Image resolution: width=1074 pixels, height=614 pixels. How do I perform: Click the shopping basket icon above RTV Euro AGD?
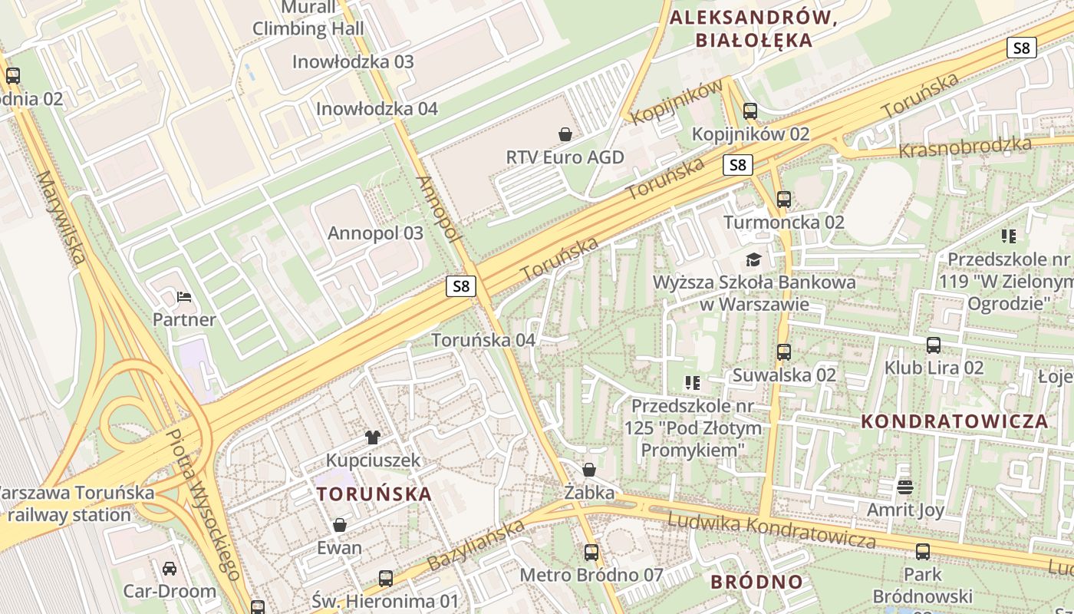coord(565,134)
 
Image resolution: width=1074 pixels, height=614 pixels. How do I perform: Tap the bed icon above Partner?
coord(184,296)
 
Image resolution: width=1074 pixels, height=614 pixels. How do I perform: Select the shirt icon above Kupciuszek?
coord(373,437)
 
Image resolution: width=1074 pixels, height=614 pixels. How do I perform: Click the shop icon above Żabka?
coord(589,469)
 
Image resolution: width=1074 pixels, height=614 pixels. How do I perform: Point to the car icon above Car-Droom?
coord(170,568)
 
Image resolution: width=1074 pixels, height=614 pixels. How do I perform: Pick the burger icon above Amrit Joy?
coord(905,487)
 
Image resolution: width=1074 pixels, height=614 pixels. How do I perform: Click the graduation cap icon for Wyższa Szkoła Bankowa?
coord(753,259)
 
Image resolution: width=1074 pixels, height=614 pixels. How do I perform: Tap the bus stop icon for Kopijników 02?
coord(750,111)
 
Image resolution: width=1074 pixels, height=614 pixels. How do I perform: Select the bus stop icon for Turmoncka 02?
coord(784,200)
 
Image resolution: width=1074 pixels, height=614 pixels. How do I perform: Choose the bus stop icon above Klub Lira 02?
coord(934,345)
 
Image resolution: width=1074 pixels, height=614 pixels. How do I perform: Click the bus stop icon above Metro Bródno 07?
coord(591,552)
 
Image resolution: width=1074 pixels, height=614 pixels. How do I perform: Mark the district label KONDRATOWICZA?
coord(954,421)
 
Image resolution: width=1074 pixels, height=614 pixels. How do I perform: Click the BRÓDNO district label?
coord(756,582)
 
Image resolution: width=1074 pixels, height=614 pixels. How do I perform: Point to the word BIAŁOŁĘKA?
coord(753,41)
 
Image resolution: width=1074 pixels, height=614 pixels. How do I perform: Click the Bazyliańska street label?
coord(476,544)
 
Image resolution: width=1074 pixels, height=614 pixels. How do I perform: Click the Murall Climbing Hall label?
coord(308,18)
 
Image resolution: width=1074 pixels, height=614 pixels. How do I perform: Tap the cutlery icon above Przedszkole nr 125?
coord(693,381)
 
